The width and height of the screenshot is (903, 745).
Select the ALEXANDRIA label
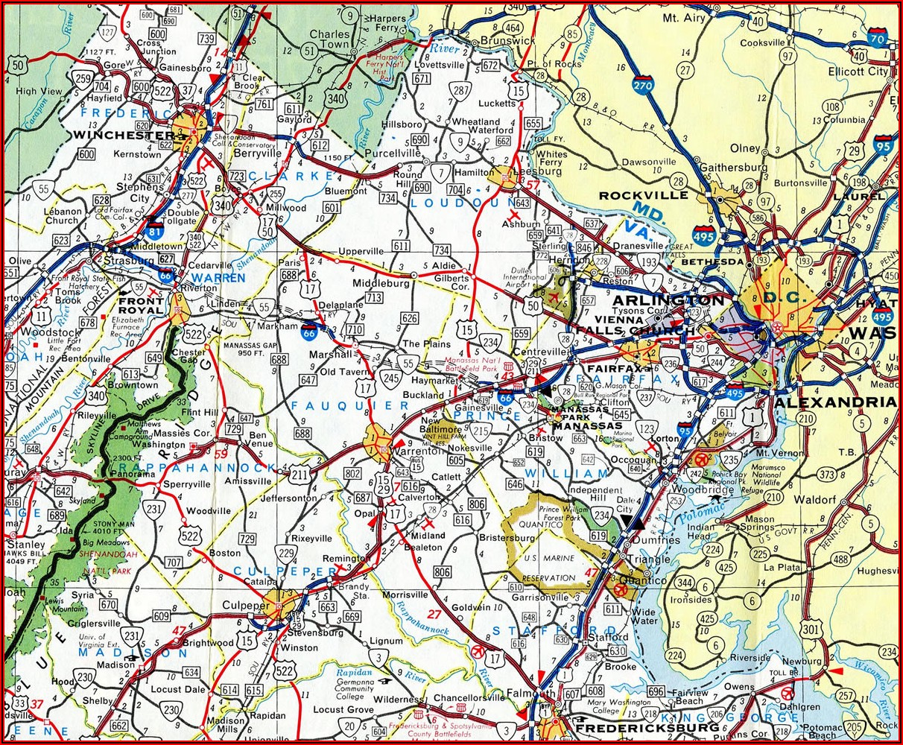point(835,402)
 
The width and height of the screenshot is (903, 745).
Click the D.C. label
point(780,297)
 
